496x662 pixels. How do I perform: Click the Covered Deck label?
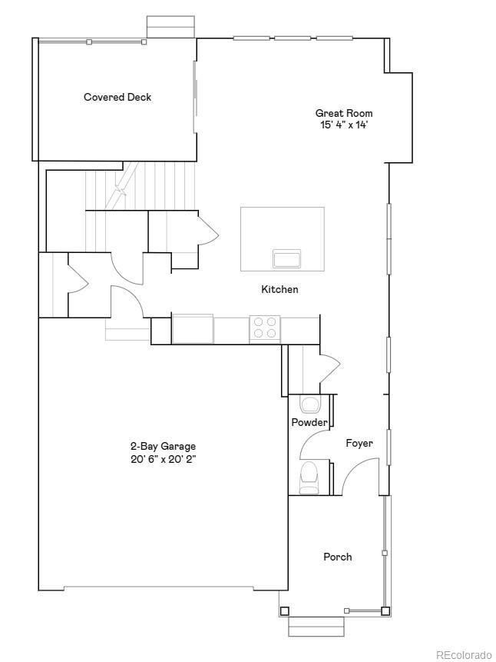click(x=117, y=98)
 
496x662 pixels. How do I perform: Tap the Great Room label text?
click(x=344, y=113)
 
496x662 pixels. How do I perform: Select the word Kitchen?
click(x=279, y=290)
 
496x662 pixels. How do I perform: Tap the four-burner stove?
click(x=265, y=328)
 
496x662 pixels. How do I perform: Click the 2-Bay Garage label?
click(x=162, y=446)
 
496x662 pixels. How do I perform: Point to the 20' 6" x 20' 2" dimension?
click(x=162, y=459)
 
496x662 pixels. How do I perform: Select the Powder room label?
click(x=309, y=423)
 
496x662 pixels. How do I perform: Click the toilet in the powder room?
click(x=309, y=477)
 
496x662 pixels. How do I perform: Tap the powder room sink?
click(x=310, y=404)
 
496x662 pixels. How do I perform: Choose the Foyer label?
click(x=359, y=444)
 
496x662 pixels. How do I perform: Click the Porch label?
click(x=338, y=557)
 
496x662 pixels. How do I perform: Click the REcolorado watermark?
click(x=464, y=654)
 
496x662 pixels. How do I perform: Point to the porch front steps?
click(x=314, y=626)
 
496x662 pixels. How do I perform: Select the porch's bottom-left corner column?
click(x=285, y=611)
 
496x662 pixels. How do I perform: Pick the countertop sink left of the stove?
click(x=193, y=328)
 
